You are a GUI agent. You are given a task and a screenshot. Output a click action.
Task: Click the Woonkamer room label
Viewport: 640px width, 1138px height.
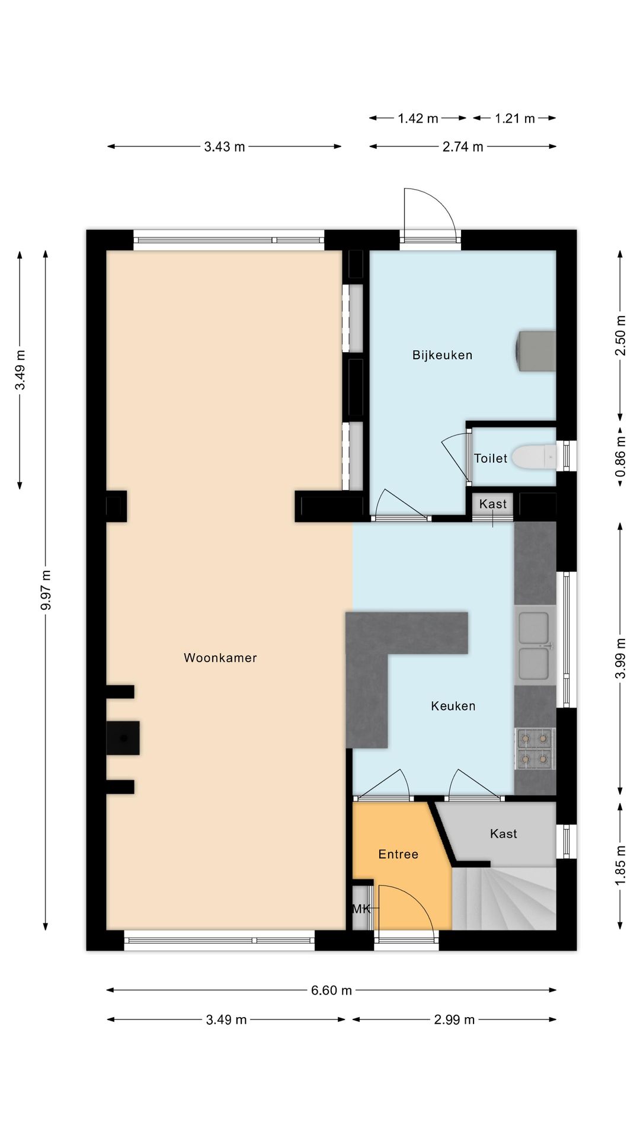pyautogui.click(x=220, y=657)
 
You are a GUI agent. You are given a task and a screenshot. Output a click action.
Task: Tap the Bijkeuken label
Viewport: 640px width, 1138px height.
pyautogui.click(x=442, y=355)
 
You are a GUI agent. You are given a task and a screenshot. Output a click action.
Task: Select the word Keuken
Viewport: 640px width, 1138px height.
pyautogui.click(x=453, y=706)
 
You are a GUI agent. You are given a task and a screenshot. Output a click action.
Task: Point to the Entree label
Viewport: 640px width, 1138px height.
pyautogui.click(x=398, y=854)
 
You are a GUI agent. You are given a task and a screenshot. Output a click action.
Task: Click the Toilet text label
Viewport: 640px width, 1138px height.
pyautogui.click(x=491, y=458)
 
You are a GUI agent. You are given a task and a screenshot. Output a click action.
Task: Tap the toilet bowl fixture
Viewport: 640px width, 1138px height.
pyautogui.click(x=534, y=457)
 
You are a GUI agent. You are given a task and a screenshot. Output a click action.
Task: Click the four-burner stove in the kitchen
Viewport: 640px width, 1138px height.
pyautogui.click(x=535, y=749)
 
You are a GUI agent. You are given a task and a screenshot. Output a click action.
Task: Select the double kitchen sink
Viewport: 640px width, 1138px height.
pyautogui.click(x=535, y=645)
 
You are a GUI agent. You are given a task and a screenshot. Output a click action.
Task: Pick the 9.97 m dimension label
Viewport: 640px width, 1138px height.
pyautogui.click(x=46, y=590)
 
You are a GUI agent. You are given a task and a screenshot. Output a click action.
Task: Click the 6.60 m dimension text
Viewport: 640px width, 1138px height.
pyautogui.click(x=331, y=990)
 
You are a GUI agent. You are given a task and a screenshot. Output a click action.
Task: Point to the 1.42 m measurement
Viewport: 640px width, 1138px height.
pyautogui.click(x=418, y=119)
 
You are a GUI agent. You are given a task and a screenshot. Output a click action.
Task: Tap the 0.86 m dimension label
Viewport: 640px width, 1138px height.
pyautogui.click(x=620, y=456)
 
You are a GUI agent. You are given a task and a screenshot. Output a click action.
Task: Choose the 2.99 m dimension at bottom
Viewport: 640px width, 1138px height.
pyautogui.click(x=455, y=1019)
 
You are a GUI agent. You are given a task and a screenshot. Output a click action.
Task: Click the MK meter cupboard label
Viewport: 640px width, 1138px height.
pyautogui.click(x=361, y=908)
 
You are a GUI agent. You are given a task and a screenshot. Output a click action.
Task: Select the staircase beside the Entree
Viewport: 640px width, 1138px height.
pyautogui.click(x=504, y=899)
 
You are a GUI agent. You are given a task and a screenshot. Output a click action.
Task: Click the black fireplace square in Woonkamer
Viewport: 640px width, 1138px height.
pyautogui.click(x=123, y=738)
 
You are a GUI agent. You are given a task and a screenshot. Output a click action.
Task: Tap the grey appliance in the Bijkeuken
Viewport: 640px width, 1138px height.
pyautogui.click(x=536, y=351)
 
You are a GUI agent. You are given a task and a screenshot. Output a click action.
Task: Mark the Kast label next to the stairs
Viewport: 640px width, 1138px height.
pyautogui.click(x=504, y=833)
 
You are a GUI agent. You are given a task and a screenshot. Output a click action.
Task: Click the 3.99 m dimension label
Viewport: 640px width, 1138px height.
pyautogui.click(x=620, y=658)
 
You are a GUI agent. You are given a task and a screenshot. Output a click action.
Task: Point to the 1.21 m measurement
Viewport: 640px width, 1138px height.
pyautogui.click(x=515, y=119)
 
